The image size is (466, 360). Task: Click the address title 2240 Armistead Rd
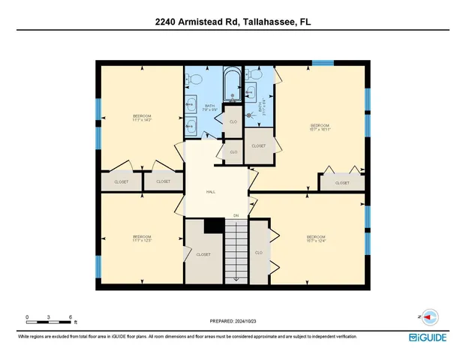point(233,22)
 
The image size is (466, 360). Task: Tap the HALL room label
point(211,192)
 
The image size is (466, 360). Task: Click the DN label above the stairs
point(236,215)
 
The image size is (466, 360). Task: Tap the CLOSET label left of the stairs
point(203,255)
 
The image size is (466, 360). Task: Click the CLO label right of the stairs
point(258,253)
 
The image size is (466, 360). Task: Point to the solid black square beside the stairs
point(215,225)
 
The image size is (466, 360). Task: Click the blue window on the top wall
point(323,63)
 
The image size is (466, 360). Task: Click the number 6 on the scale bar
point(70,317)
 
